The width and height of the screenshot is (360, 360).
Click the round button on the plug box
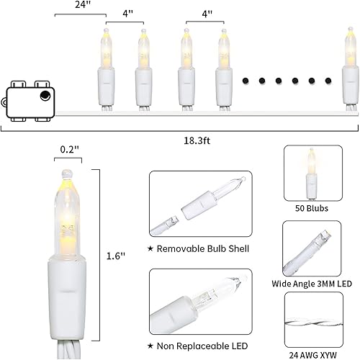coord(45,95)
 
